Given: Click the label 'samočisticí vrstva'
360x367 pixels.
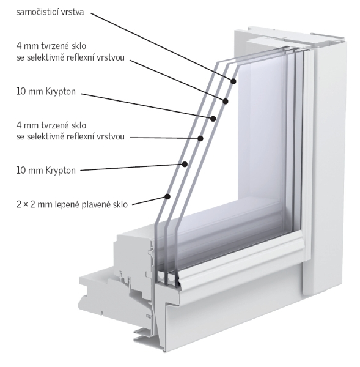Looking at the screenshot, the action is click(50, 12).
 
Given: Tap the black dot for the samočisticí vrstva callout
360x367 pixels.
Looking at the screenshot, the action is click(233, 81).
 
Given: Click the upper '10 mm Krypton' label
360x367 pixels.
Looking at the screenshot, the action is click(46, 92).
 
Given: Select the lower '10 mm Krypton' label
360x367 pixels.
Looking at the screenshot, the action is click(46, 170).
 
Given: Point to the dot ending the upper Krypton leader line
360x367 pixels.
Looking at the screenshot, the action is click(213, 119).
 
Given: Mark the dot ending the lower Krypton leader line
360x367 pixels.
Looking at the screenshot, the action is click(185, 164).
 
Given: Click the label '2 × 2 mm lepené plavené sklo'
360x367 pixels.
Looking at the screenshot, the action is click(72, 205).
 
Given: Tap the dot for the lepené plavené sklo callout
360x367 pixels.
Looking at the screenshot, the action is click(167, 196).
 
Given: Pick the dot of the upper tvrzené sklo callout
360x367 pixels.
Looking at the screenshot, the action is click(226, 101).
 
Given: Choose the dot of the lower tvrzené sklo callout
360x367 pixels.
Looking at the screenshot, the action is click(200, 139).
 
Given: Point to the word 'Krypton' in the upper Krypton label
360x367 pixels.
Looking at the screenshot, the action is click(61, 92).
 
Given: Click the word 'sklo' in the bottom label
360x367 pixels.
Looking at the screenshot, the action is click(120, 205).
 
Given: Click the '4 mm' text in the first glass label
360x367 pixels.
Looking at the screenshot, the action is click(28, 46).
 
